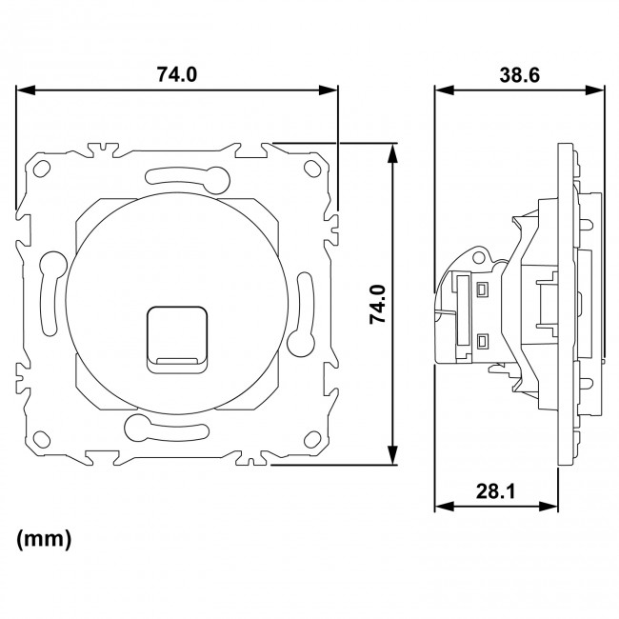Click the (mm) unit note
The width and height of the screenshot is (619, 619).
click(x=44, y=539)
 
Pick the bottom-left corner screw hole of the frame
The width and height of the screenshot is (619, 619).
click(x=40, y=440)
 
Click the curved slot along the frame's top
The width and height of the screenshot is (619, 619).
click(x=186, y=175)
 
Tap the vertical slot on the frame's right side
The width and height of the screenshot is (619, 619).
click(x=304, y=309)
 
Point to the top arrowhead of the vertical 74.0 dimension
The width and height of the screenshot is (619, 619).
click(x=391, y=150)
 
